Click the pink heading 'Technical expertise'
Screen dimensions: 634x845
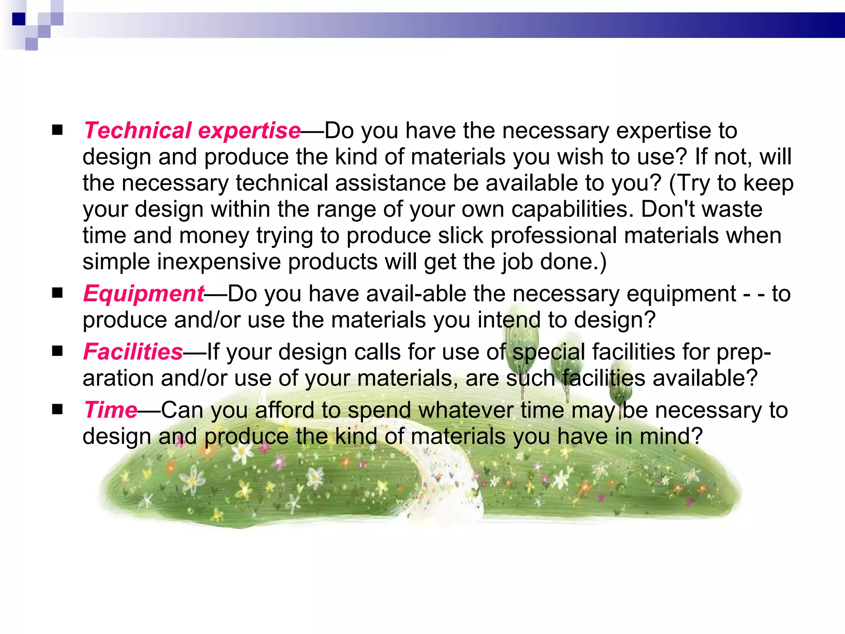pos(192,131)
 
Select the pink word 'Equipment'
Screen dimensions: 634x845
pos(144,294)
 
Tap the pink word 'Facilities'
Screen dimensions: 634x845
pos(133,352)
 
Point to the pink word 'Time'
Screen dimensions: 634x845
pos(110,410)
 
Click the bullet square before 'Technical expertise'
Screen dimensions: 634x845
pos(57,130)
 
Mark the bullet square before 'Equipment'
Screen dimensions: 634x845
pos(57,293)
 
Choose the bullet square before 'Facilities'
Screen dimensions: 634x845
pos(57,351)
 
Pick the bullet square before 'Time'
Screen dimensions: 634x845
pos(57,409)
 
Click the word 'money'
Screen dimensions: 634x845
pos(214,236)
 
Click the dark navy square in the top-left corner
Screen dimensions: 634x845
pos(19,19)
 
